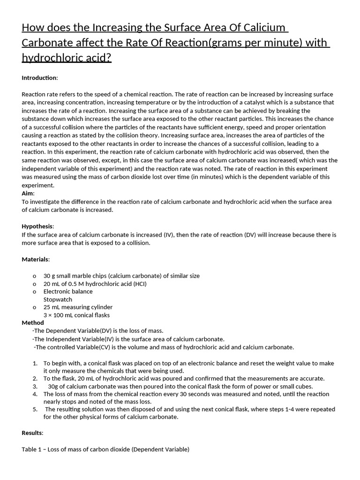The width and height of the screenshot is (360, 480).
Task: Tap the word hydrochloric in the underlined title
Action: [52, 58]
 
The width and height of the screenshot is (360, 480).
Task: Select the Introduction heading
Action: [40, 77]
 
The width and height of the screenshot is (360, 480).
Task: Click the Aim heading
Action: [28, 193]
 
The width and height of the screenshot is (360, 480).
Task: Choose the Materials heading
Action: [36, 259]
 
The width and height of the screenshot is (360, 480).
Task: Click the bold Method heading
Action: [33, 322]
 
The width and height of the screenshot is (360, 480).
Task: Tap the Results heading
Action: [32, 433]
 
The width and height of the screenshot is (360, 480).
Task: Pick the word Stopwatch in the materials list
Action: [58, 299]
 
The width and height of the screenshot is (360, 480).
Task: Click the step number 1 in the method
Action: [35, 363]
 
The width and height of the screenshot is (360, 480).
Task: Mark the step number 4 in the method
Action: [35, 394]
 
